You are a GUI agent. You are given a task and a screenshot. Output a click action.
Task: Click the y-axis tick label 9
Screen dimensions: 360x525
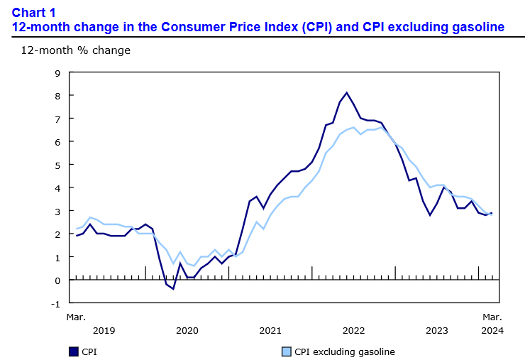[x=57, y=72]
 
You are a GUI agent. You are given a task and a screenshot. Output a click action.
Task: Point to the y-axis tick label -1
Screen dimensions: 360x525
[x=55, y=303]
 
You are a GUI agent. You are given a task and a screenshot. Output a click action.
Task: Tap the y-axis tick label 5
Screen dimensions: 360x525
[x=57, y=165]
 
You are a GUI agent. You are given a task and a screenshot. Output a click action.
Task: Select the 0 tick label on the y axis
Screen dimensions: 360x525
[x=57, y=280]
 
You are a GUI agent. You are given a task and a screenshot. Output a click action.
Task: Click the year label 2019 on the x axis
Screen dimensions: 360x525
[x=104, y=330]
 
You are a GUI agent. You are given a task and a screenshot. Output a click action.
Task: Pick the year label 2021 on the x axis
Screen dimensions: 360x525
[x=270, y=330]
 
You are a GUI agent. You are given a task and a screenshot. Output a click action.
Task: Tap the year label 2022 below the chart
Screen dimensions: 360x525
[x=353, y=330]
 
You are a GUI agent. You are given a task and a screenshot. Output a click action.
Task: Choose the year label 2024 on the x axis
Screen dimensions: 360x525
[x=492, y=330]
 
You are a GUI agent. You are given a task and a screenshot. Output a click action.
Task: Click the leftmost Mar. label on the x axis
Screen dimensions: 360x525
[x=76, y=316]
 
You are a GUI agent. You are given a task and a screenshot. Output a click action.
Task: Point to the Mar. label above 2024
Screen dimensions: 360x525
[x=492, y=316]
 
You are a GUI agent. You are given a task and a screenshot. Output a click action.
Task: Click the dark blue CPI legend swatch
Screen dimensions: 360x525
[x=73, y=351]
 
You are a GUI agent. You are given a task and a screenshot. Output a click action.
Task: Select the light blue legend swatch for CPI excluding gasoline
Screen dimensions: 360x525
[x=286, y=351]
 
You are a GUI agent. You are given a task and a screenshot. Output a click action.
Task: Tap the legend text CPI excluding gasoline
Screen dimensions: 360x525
[x=345, y=351]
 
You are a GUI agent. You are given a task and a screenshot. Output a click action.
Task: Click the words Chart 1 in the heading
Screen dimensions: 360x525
[x=33, y=12]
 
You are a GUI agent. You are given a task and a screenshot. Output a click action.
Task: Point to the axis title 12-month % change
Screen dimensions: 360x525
[x=75, y=50]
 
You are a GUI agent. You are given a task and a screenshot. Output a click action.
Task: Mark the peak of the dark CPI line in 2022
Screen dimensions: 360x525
[x=346, y=92]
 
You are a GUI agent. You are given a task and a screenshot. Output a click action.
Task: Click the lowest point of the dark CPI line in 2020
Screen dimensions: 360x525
[x=173, y=289]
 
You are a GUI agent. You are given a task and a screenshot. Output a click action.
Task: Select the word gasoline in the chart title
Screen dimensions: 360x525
[x=475, y=27]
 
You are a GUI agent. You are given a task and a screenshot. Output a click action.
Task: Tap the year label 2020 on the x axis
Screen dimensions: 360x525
[x=187, y=330]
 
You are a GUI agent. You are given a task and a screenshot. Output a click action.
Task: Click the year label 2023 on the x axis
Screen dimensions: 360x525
[x=436, y=330]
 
